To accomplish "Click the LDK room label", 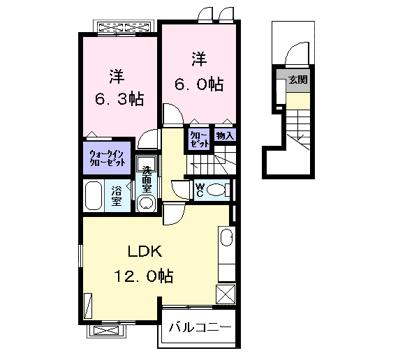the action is (145, 251).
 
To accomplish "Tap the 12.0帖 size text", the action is (144, 276).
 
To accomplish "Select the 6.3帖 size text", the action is (119, 98).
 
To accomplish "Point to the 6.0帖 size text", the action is (199, 84).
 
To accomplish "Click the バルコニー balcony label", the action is (200, 327).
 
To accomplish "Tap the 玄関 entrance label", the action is (298, 80).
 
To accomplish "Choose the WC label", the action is (200, 190).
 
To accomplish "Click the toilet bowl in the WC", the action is (216, 190).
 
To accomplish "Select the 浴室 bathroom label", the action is (117, 196).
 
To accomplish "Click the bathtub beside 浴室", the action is (94, 195).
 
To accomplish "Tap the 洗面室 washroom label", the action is (147, 179).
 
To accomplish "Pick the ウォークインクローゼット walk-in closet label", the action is (107, 158).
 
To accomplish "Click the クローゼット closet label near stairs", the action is (199, 140).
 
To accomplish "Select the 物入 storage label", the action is (225, 136).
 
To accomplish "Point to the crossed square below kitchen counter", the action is (226, 294).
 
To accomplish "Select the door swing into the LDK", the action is (174, 215).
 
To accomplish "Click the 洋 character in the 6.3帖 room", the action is (117, 76).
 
